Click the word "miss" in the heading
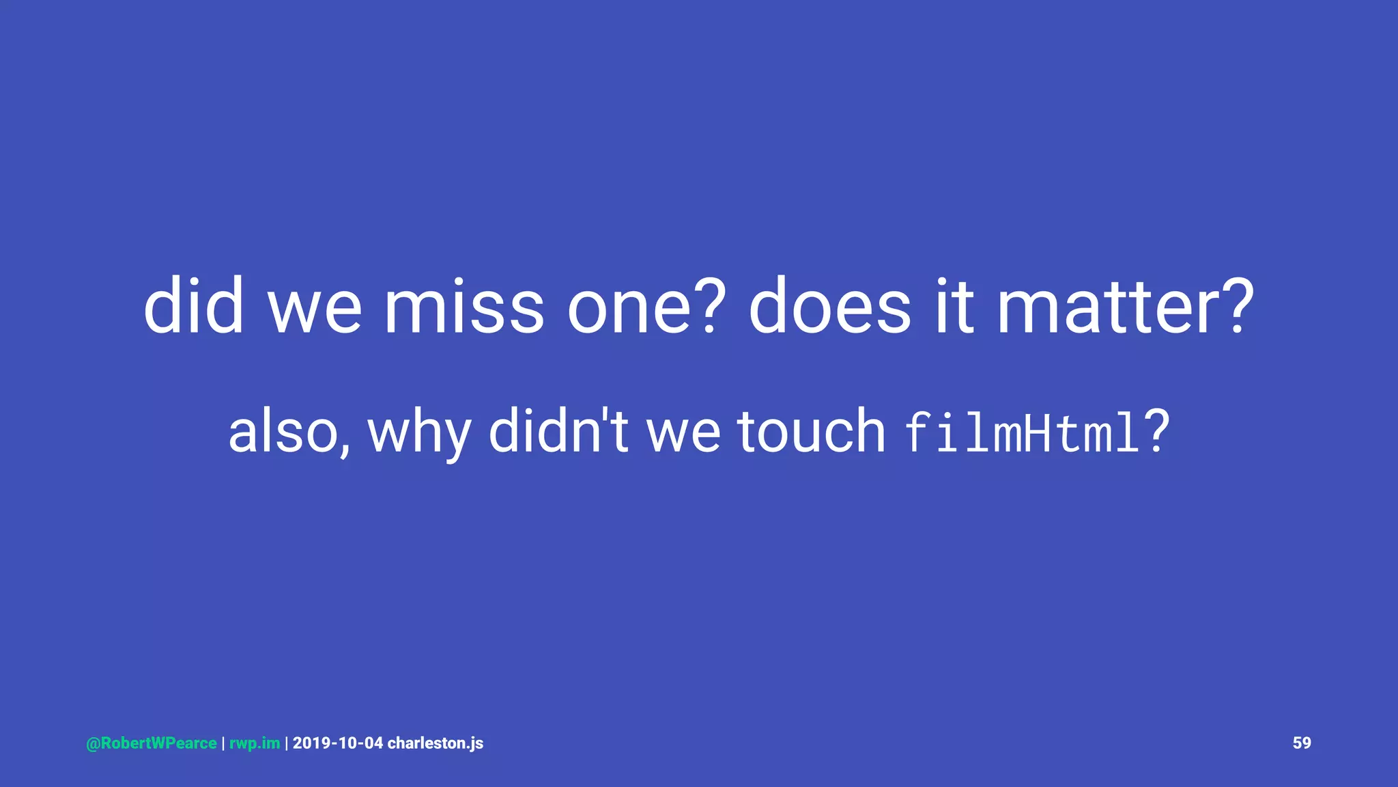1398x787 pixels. [x=464, y=307]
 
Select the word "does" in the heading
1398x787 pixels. [x=829, y=307]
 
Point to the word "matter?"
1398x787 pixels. [x=1125, y=307]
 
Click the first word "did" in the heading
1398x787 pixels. [x=193, y=307]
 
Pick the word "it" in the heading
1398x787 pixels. [x=954, y=307]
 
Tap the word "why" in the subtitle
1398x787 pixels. [x=419, y=434]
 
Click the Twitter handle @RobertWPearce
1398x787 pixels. [x=152, y=743]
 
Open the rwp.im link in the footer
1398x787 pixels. [x=255, y=743]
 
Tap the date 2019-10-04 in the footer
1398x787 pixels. [x=338, y=743]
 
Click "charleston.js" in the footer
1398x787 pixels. [x=436, y=743]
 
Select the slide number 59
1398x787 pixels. [x=1302, y=743]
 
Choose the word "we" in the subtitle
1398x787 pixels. [x=683, y=434]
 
